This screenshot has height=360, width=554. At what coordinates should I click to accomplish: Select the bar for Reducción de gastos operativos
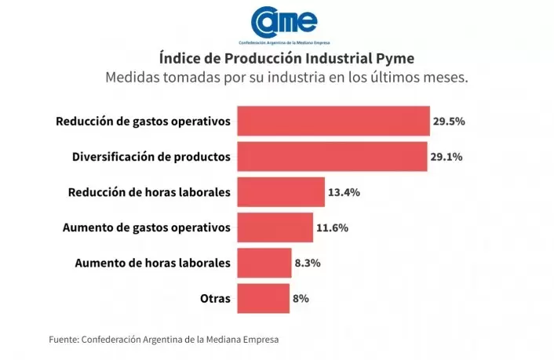point(333,122)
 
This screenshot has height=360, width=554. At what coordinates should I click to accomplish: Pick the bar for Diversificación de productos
point(332,156)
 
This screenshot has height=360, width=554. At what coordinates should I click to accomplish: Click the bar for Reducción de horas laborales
point(280,192)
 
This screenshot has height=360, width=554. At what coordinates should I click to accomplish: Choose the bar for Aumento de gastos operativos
point(275,227)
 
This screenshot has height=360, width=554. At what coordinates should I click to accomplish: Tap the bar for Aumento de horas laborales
point(264,263)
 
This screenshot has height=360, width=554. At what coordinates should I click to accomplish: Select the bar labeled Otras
point(263,298)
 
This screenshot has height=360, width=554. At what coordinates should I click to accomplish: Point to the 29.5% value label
point(449,122)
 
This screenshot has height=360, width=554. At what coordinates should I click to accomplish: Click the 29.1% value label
point(446,157)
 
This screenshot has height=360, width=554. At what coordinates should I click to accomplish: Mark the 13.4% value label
point(344,192)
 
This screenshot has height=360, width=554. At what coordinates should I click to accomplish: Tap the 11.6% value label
point(332,227)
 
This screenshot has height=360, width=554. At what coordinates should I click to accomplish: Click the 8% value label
point(301,298)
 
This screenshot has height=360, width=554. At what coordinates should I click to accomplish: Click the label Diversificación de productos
point(151,157)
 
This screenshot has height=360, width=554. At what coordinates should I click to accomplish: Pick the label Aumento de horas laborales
point(152,263)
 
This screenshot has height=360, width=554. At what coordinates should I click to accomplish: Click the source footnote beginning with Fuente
point(164,340)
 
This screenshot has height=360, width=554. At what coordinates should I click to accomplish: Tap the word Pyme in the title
point(396,59)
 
